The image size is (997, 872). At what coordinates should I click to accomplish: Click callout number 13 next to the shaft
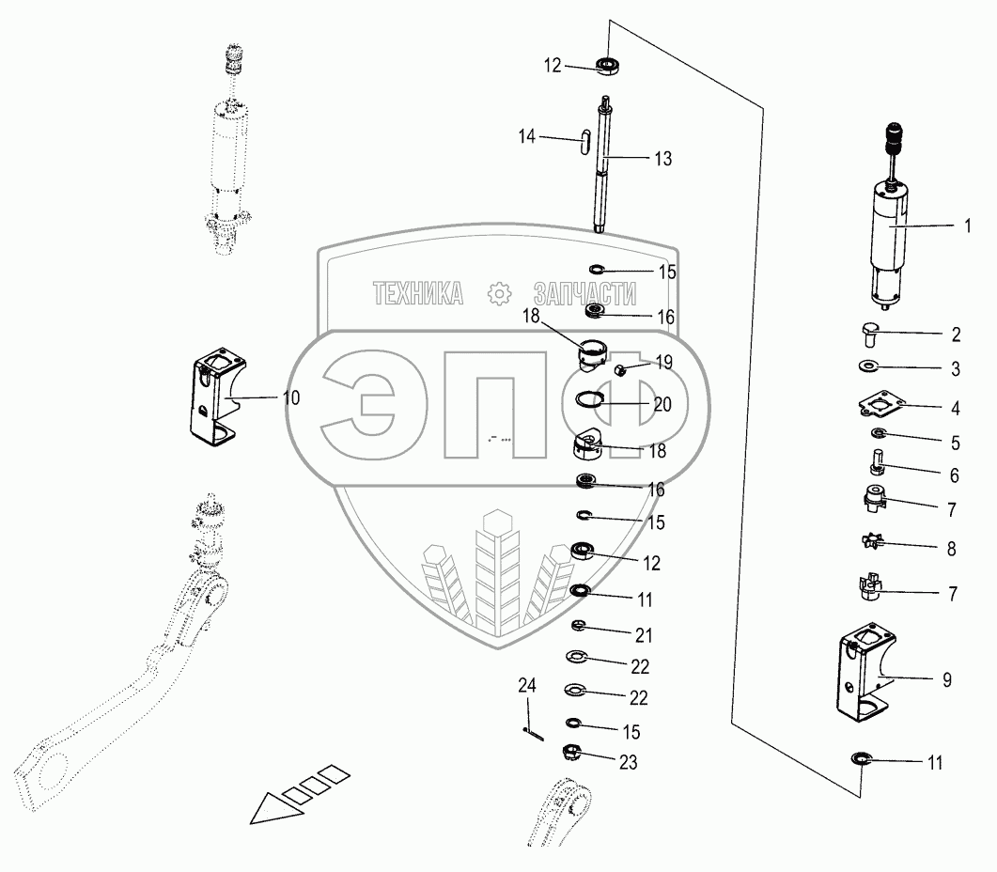(662, 159)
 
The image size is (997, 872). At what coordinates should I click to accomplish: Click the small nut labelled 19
(621, 370)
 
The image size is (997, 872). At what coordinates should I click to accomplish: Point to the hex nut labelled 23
(569, 753)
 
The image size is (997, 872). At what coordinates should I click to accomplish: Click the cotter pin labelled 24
(531, 732)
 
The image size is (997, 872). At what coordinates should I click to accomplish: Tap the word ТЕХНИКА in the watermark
(417, 294)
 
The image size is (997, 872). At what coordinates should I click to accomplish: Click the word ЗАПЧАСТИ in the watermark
(583, 294)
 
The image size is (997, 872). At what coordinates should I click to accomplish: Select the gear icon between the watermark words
(498, 294)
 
